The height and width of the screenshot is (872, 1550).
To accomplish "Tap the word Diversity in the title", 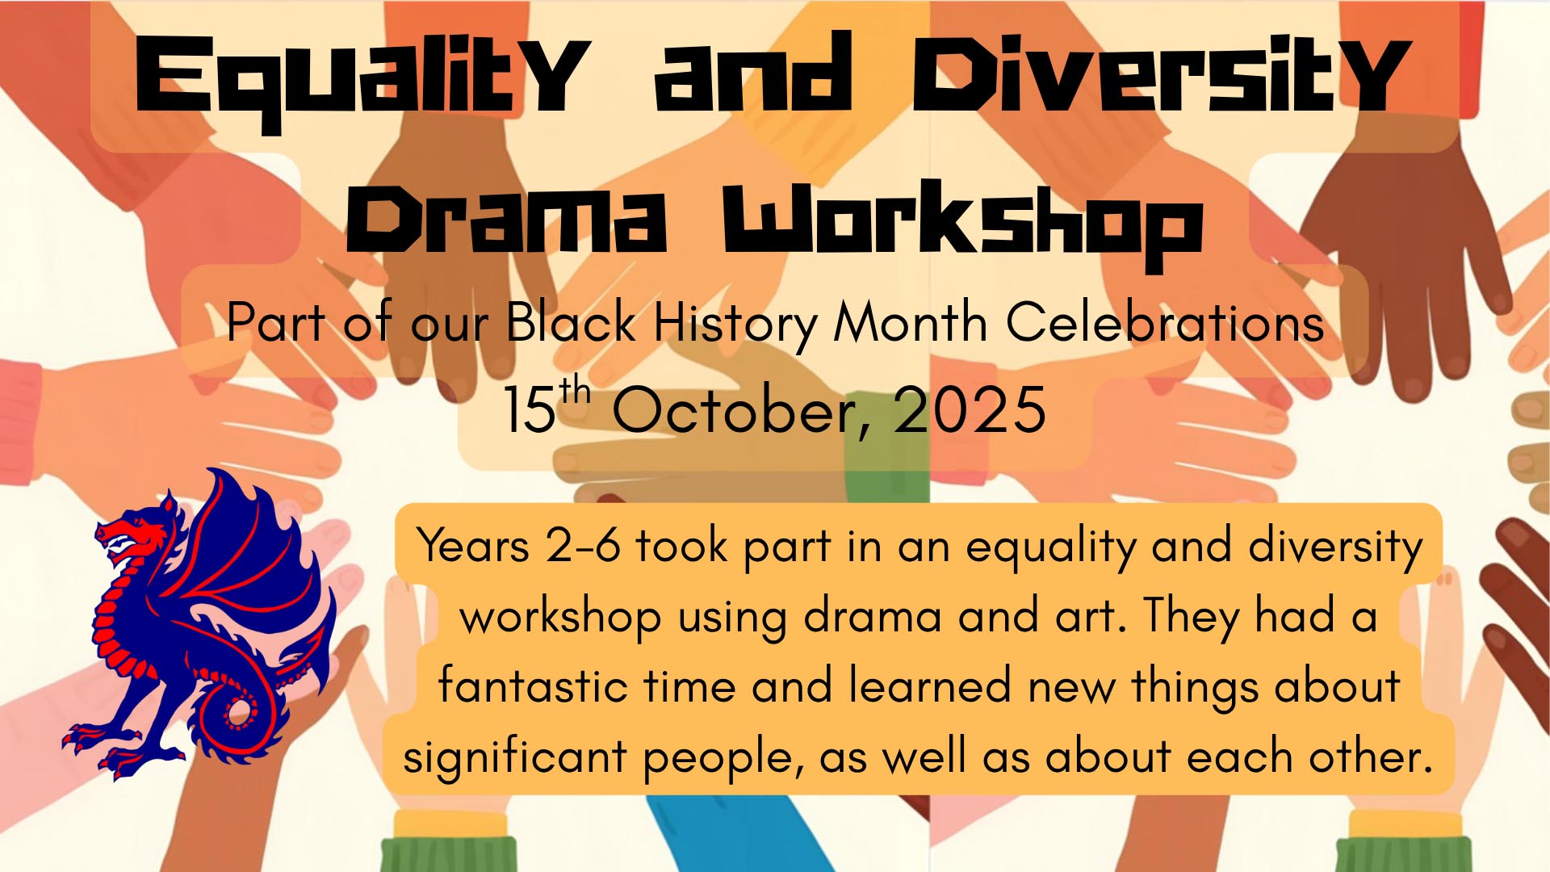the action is pos(1162,74).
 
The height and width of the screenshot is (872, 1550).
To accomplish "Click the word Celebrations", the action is pos(1164,322).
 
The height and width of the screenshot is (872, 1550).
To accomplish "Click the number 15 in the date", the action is pos(530,410).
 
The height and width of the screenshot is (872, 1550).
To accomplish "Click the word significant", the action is pos(515,759).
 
